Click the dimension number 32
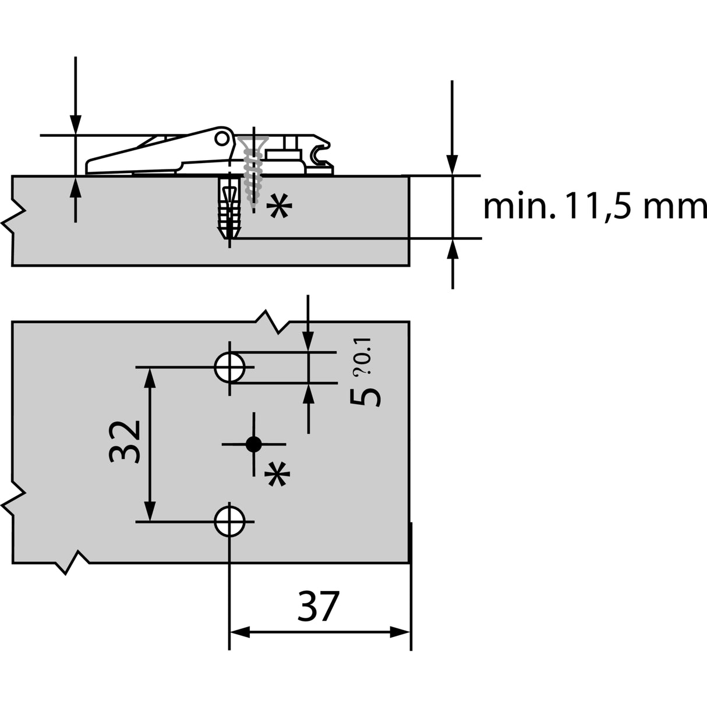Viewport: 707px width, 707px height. tap(125, 442)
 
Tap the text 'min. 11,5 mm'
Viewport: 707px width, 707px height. tap(595, 207)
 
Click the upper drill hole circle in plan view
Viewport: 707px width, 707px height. tap(229, 367)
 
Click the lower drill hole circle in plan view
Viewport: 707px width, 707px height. tap(229, 521)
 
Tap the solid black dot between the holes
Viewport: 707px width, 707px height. tap(253, 444)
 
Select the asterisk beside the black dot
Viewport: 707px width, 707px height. tap(277, 473)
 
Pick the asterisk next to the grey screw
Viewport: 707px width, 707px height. tap(279, 206)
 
